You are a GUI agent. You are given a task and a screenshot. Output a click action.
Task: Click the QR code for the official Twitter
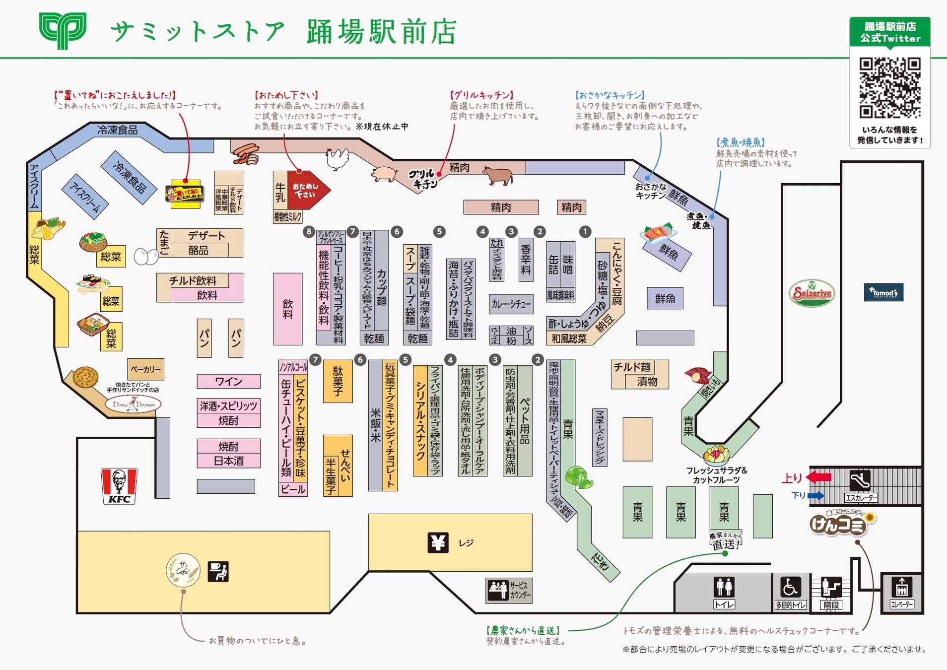[x=890, y=87]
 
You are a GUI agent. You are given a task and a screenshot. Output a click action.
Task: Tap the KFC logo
[x=119, y=486]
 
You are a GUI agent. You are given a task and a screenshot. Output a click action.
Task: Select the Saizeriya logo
[x=812, y=293]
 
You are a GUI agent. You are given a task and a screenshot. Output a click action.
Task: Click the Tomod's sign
[x=883, y=292]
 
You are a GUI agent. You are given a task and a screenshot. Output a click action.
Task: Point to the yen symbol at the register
[x=438, y=543]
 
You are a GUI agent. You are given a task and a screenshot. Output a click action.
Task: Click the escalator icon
[x=860, y=480]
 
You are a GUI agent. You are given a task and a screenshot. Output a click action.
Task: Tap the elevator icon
[x=901, y=588]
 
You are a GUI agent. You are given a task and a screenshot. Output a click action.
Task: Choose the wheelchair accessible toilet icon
[x=790, y=588]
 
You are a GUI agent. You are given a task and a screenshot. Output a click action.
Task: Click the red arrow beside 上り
[x=819, y=477]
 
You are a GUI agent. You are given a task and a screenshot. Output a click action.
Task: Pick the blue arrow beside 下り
[x=815, y=495]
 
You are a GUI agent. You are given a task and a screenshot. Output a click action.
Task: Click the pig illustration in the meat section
[x=384, y=174]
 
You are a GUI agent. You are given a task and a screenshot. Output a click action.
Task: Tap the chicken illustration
[x=338, y=159]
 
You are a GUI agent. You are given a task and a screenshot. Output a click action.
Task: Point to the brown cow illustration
[x=497, y=175]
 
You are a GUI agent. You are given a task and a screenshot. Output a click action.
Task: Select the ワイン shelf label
[x=228, y=381]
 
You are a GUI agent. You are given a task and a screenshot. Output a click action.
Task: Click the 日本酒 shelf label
[x=228, y=461]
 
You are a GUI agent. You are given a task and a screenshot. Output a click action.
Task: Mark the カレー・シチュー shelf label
[x=511, y=304]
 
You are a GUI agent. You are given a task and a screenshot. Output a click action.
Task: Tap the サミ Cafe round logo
[x=183, y=570]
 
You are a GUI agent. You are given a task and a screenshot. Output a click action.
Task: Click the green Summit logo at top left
[x=63, y=30]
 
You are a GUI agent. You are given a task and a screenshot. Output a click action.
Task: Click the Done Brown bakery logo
[x=134, y=404]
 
